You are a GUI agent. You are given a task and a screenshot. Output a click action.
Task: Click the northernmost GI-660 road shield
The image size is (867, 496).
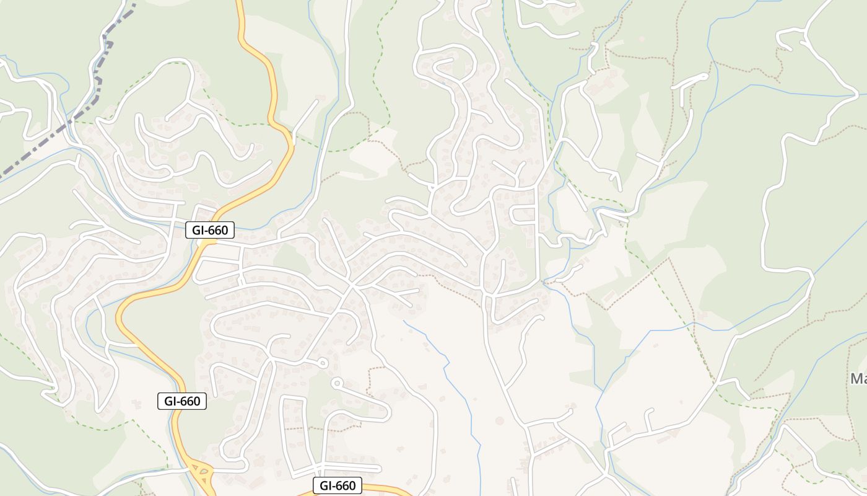(x=210, y=230)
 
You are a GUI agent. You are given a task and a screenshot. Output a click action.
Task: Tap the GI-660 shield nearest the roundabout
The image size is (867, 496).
(x=182, y=401)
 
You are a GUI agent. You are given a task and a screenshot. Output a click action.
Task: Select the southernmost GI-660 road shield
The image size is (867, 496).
(x=338, y=485)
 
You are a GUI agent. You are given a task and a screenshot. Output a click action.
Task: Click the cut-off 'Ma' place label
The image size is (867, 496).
(x=858, y=378)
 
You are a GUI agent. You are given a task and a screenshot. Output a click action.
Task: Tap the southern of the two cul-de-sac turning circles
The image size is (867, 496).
(x=336, y=383)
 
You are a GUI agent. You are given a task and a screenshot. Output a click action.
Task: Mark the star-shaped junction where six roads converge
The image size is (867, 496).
(x=352, y=286)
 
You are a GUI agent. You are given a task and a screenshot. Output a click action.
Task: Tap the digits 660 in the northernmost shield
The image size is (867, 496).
(x=218, y=230)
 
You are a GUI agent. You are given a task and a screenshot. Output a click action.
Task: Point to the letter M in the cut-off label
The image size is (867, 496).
(x=855, y=378)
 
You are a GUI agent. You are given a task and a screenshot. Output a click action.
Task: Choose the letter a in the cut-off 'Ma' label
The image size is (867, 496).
(x=864, y=379)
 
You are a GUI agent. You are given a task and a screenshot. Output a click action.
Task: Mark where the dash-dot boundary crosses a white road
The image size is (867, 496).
(x=68, y=122)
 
